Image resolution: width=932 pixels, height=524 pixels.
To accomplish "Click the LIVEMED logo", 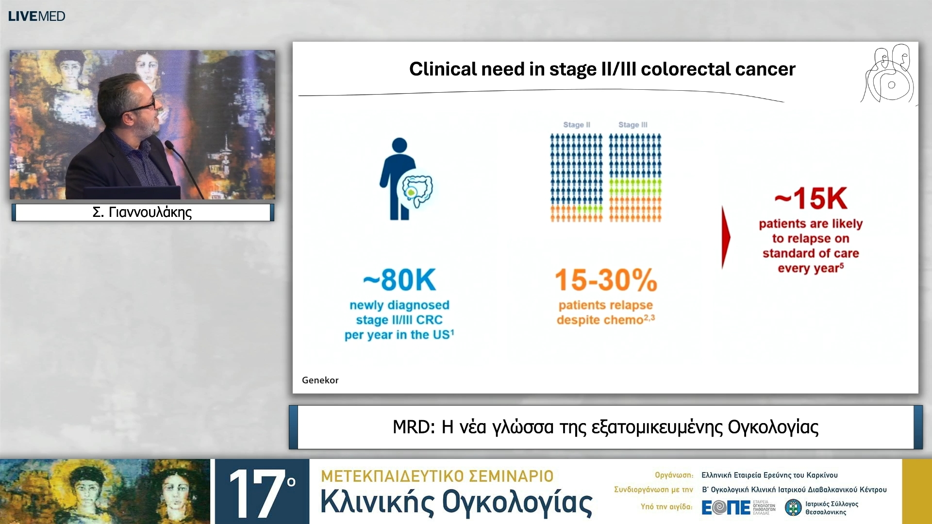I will click(36, 16).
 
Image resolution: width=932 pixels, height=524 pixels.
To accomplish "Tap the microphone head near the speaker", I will click(169, 144).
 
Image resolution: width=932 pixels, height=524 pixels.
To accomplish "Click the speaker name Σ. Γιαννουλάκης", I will click(142, 212).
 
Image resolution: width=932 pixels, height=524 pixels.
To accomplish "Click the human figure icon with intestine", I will click(405, 180).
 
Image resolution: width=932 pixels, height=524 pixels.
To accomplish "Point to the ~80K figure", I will click(399, 280).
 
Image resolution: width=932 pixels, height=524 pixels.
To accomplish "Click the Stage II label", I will click(576, 125).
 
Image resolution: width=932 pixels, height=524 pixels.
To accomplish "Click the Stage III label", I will click(632, 125).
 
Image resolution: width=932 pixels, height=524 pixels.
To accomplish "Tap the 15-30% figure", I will click(605, 280).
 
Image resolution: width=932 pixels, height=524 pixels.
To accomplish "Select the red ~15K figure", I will click(811, 198).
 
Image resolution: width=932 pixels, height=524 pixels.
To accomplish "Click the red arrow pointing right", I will click(725, 237).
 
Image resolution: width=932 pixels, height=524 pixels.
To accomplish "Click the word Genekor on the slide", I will click(320, 380).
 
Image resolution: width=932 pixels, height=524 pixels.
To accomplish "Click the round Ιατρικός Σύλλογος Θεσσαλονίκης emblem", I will click(793, 508).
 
